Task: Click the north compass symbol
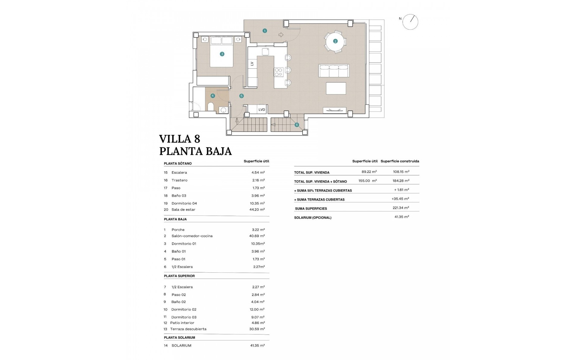410,22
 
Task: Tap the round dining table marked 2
335,41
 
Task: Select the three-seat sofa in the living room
334,71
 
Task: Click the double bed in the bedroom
221,52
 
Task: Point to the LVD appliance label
262,110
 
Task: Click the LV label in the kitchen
252,64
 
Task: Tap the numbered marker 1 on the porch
265,31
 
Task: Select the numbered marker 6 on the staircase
297,125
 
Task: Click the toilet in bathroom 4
211,106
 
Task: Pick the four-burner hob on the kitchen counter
279,72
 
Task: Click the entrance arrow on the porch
281,35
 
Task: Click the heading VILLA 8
179,139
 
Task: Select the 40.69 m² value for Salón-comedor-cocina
257,236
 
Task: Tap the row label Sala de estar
183,210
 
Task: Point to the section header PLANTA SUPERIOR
179,276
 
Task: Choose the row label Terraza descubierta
188,329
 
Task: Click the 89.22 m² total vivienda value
369,172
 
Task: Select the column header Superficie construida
400,161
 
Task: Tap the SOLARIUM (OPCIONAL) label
313,217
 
